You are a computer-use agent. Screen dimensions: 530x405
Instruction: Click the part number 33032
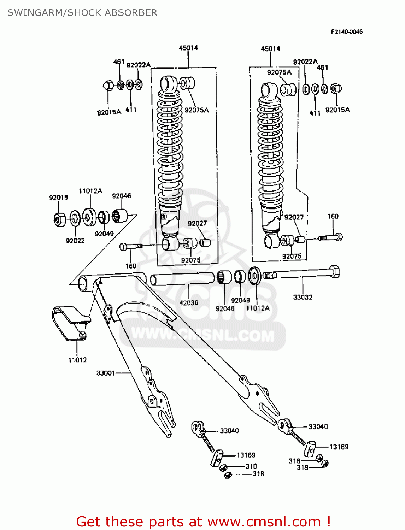click(303, 297)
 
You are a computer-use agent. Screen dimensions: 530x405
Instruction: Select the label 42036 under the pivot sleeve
click(189, 303)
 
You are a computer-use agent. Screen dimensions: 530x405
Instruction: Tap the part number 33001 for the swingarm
click(106, 373)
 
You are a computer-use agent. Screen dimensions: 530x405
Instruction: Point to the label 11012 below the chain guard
click(77, 360)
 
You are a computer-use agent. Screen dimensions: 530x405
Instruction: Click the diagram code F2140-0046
click(346, 32)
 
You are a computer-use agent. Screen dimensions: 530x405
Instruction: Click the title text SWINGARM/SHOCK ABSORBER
click(82, 13)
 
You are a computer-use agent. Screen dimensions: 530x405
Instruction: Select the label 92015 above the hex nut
click(58, 198)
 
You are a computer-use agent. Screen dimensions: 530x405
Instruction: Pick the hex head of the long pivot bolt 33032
click(334, 272)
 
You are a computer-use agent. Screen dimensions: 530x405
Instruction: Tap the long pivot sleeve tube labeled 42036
click(182, 278)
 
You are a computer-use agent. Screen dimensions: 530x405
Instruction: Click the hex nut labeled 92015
click(59, 219)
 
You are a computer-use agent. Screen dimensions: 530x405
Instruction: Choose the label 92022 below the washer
click(75, 241)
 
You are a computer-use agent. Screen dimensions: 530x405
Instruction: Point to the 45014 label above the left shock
click(188, 48)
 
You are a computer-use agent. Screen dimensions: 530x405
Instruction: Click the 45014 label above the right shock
click(270, 48)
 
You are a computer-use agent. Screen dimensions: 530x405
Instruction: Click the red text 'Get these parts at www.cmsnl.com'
click(203, 522)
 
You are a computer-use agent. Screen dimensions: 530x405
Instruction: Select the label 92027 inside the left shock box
click(197, 223)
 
